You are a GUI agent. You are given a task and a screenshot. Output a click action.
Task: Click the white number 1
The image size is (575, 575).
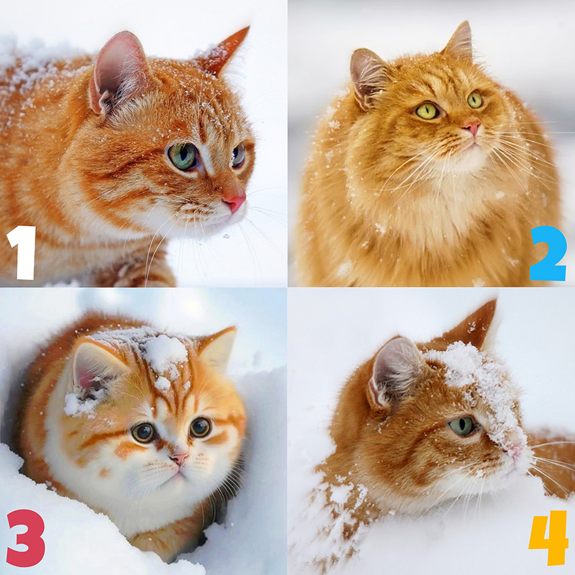[22, 252]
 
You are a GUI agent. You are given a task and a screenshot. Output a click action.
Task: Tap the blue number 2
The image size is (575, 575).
[548, 253]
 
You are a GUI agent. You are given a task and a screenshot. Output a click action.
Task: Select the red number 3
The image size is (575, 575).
[25, 538]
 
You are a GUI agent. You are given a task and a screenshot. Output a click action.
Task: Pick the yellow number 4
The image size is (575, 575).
[549, 538]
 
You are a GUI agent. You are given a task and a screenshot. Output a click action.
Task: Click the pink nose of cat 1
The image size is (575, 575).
[235, 203]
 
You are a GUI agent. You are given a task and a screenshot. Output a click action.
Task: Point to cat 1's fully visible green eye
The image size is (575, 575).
[182, 156]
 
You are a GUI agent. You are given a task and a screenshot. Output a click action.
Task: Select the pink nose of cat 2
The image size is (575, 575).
[471, 127]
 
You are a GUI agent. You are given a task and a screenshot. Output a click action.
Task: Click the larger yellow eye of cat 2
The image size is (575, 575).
[427, 110]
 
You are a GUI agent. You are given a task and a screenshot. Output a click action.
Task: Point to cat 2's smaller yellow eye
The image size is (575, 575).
[474, 100]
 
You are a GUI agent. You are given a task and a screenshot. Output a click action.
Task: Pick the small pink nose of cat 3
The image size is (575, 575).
[180, 458]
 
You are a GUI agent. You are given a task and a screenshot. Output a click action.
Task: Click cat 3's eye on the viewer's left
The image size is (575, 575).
[143, 433]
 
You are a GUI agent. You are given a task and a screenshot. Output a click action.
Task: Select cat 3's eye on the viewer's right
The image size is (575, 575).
[200, 427]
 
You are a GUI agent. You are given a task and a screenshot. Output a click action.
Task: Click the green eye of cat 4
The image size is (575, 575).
[463, 426]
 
